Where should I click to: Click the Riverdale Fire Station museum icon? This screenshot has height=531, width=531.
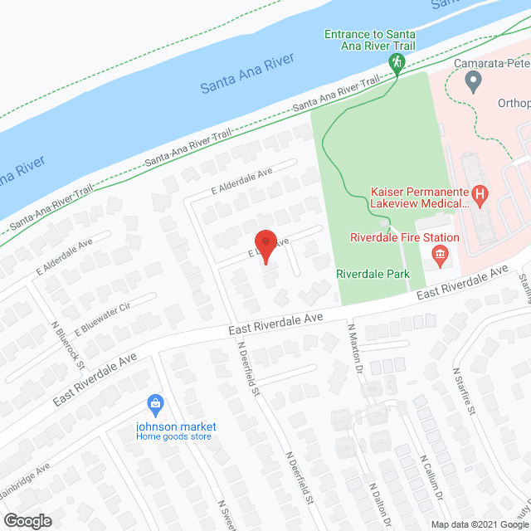[x=441, y=253]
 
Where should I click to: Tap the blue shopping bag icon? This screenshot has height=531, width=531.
[x=154, y=404]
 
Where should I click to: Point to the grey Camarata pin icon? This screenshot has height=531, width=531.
[x=474, y=80]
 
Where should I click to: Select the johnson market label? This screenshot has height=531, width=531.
[x=176, y=426]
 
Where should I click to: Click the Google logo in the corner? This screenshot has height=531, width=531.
[x=27, y=520]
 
